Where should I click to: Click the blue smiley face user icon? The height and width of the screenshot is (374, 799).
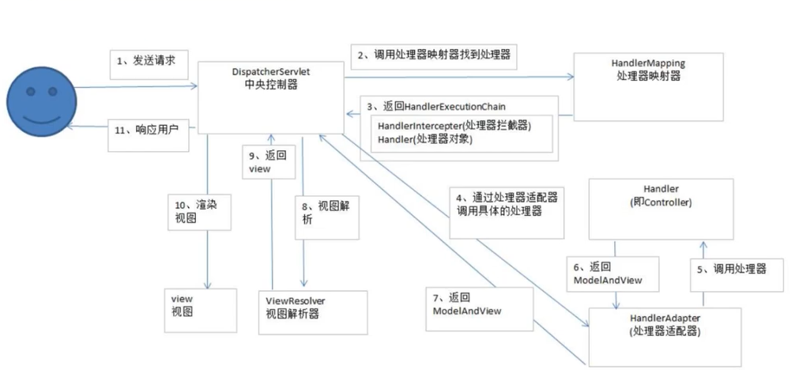41,103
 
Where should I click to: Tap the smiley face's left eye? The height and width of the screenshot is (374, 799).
31,92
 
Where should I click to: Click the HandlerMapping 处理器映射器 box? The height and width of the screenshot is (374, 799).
648,87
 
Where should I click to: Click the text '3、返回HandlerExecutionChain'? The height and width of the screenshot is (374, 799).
436,107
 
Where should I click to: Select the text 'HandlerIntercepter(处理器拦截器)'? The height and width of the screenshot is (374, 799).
454,126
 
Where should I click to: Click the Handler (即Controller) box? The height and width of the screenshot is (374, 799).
661,209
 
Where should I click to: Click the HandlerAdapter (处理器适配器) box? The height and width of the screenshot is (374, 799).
665,336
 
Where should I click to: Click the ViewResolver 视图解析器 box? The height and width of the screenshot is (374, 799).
313,312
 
